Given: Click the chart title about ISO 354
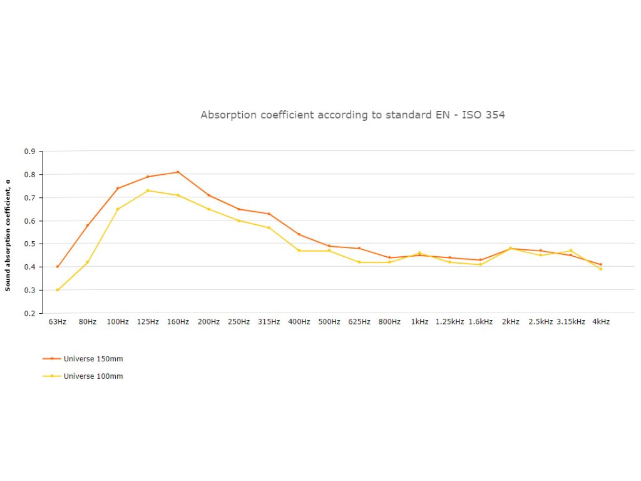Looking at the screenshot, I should point(352,115).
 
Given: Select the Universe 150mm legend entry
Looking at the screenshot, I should point(88,359).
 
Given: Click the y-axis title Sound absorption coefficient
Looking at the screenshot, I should point(8,235).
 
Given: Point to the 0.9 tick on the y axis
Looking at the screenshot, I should point(29,151).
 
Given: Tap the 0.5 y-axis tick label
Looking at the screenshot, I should point(29,244).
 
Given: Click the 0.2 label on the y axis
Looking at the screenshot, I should point(29,313).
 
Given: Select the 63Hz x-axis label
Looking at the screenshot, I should point(57,322).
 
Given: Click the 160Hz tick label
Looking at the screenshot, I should point(178,322).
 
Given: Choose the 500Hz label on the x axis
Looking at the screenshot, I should point(329,322).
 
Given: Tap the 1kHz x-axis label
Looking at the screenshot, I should point(419,322).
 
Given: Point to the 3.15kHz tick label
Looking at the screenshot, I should point(571,322).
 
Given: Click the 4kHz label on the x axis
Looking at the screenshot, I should point(601,322).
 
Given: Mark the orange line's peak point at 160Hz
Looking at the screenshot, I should point(178,172).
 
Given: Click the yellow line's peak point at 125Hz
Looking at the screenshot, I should point(148,190).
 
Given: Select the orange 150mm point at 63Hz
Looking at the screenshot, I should point(58,267).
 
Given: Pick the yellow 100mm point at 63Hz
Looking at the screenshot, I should point(58,290).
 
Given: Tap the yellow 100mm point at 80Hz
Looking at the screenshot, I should point(88,262).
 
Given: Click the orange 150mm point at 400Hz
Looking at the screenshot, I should point(299,234).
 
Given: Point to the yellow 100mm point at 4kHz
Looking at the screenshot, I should point(601,269).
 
